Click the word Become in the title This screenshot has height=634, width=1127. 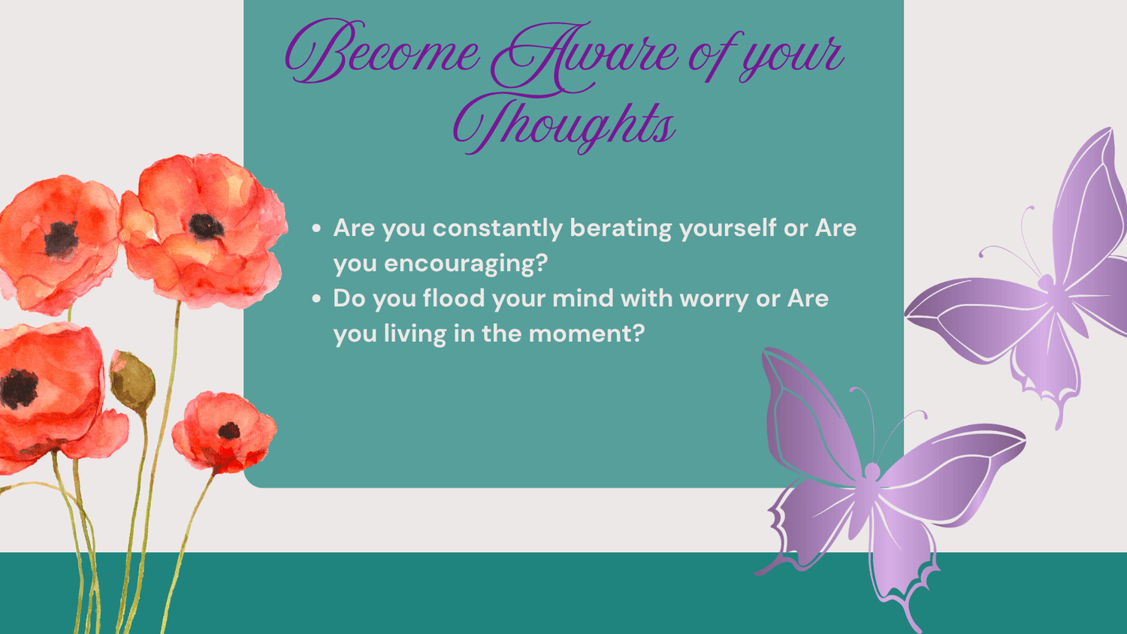[x=382, y=51]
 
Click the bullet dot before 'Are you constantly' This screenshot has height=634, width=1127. [x=316, y=228]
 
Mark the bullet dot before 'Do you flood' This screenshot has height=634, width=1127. [x=316, y=299]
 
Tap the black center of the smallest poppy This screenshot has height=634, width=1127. [x=229, y=430]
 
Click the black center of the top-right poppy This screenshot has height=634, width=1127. [x=206, y=226]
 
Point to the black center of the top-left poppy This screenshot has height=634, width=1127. [x=62, y=239]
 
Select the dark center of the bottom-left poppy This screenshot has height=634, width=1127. [x=19, y=388]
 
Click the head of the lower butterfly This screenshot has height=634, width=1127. [x=872, y=472]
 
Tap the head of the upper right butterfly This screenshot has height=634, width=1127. [x=1046, y=281]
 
